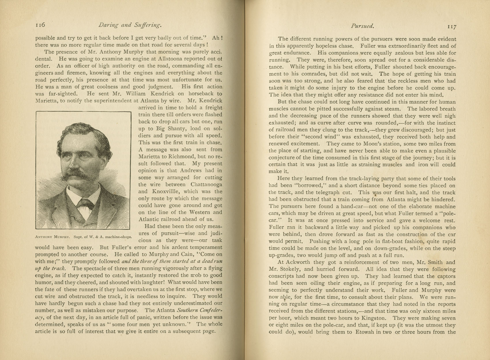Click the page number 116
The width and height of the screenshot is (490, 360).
point(40,25)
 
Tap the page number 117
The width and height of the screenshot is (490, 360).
point(452,26)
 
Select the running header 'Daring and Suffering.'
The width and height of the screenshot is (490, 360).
point(130,25)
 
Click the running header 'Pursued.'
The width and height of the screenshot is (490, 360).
point(362,26)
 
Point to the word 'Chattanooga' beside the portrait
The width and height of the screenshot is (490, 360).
point(206,184)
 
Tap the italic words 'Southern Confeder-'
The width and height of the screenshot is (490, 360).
point(200,310)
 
